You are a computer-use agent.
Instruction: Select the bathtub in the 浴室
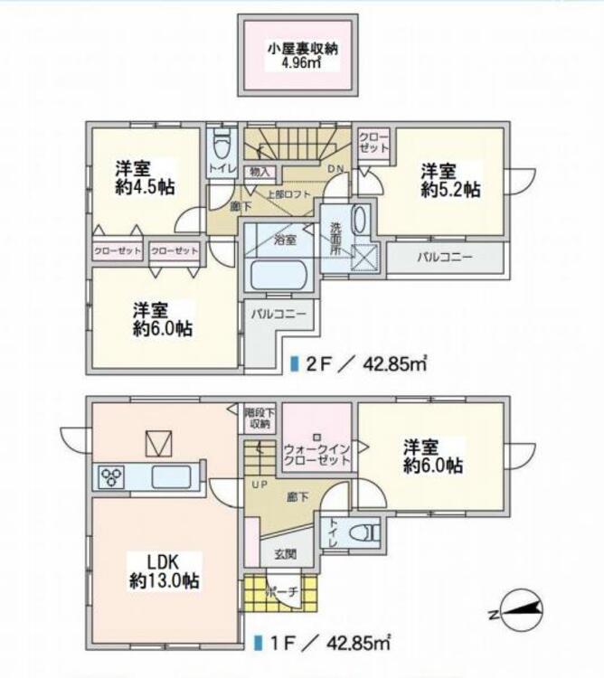tap(278, 275)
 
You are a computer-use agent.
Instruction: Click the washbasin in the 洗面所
tap(360, 220)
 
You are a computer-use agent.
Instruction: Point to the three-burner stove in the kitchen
tap(111, 477)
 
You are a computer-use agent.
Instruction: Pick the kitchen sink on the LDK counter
tap(171, 477)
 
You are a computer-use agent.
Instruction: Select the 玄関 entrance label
tap(286, 553)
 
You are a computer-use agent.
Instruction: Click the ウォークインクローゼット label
tap(316, 455)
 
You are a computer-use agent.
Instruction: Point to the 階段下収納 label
tap(259, 418)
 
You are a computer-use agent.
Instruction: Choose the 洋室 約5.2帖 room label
tap(450, 180)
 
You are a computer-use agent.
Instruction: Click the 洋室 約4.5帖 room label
tap(145, 178)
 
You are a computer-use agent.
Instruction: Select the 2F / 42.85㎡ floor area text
tap(360, 364)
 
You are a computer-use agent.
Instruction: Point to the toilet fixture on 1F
tap(366, 532)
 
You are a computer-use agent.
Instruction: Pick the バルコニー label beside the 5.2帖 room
tap(445, 258)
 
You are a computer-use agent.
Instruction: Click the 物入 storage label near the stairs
tap(260, 172)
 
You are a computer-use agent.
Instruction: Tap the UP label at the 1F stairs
tap(260, 485)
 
